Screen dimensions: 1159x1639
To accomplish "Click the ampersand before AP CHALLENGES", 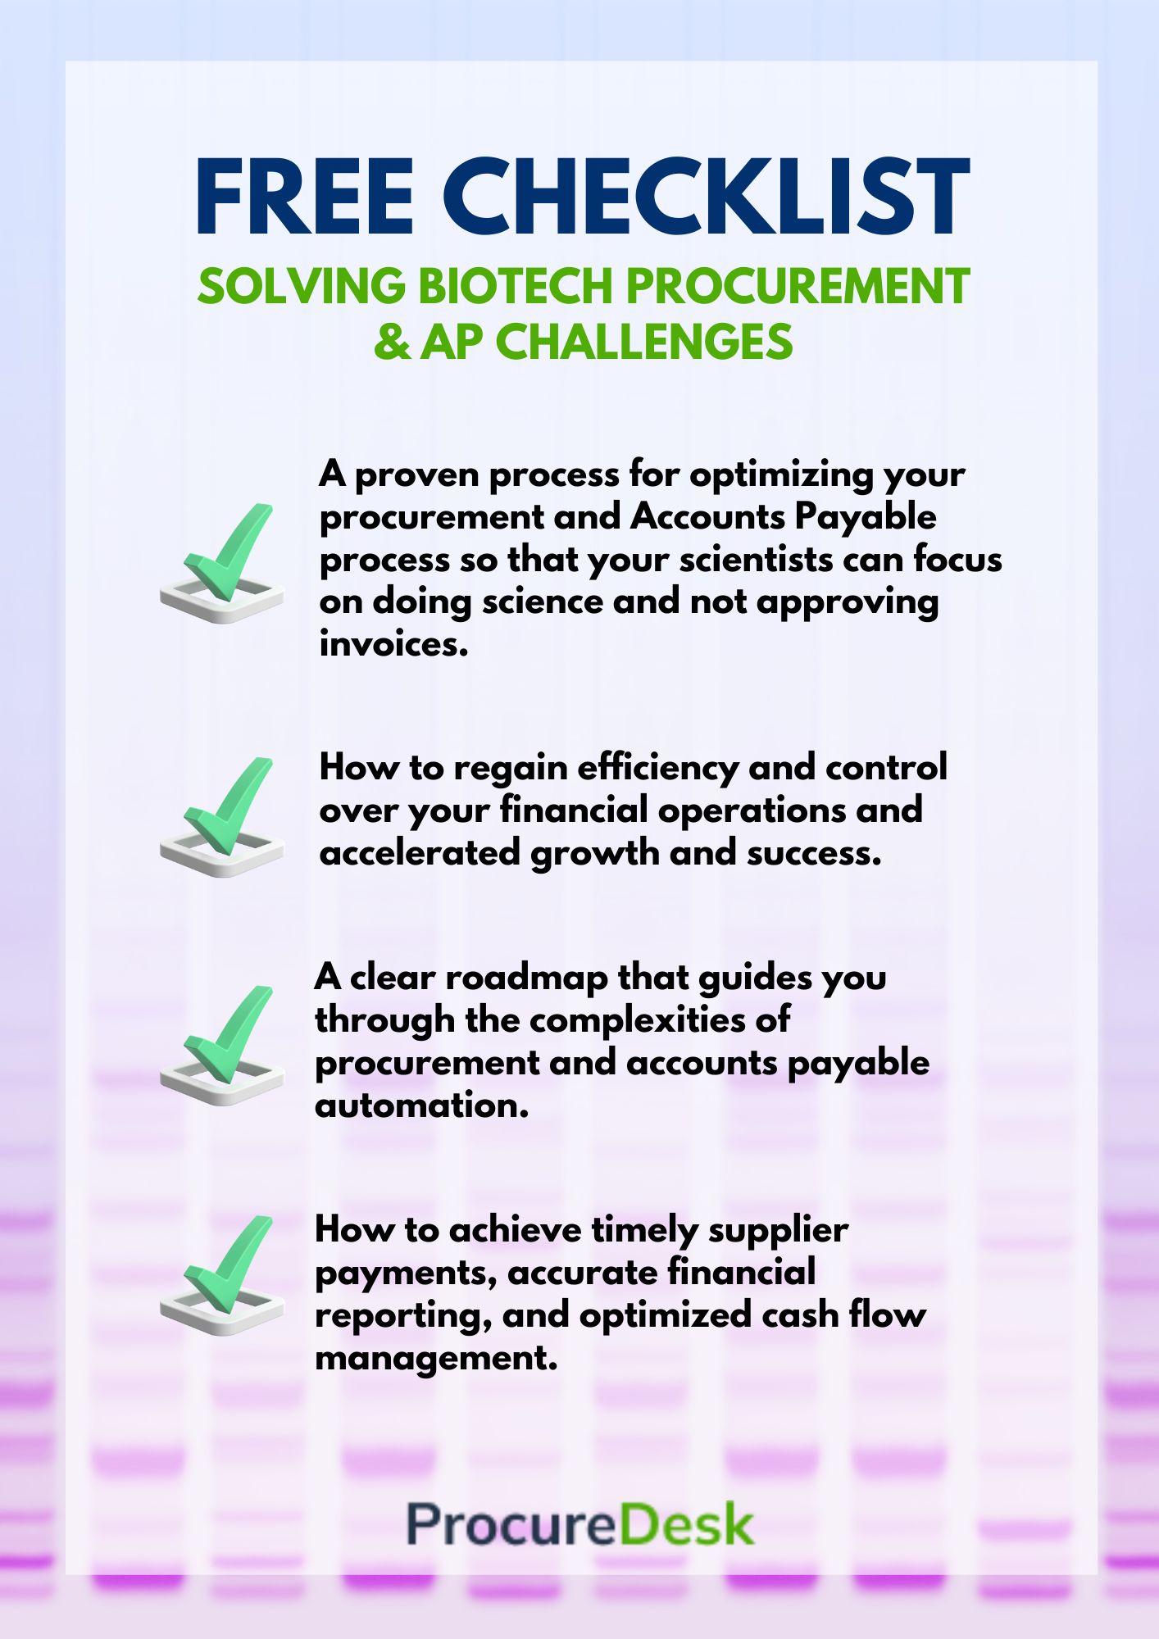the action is pos(392,342).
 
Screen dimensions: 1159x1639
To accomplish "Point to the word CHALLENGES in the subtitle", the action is pos(644,342).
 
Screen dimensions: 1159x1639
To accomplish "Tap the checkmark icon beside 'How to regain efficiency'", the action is pos(222,817).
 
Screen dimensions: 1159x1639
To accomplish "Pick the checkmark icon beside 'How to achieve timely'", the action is pos(222,1275).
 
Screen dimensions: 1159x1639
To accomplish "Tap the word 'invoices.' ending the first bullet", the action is pos(394,644).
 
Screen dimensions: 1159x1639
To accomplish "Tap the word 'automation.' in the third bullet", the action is pos(422,1106).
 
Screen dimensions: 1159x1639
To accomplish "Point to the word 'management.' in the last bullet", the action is pos(437,1360).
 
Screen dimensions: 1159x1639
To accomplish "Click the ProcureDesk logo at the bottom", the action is pos(580,1524).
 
